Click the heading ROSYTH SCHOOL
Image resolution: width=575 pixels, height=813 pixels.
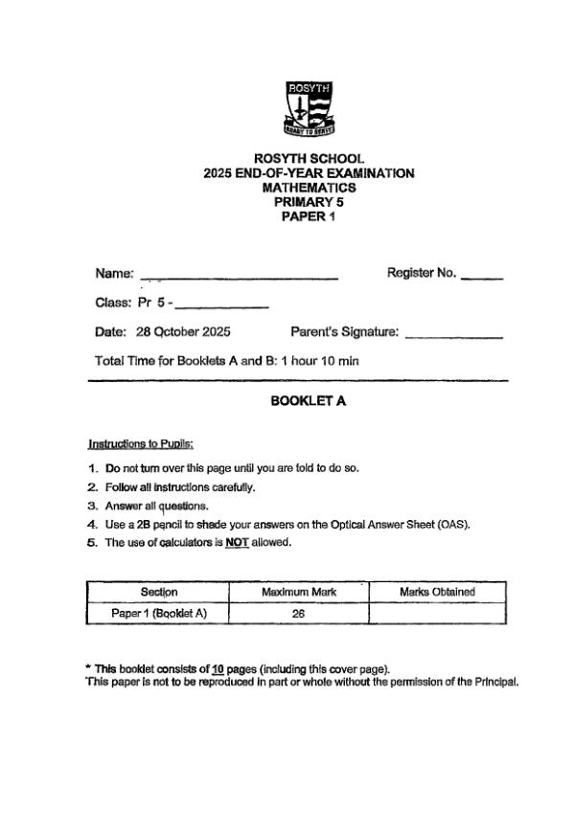click(309, 159)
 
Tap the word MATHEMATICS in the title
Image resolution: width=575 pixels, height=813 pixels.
click(309, 188)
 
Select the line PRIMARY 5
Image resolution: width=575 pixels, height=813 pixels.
click(309, 202)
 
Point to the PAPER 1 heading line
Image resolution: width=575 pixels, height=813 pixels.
click(309, 216)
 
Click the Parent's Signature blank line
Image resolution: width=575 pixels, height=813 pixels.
click(454, 334)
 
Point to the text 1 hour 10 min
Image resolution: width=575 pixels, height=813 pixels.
click(320, 361)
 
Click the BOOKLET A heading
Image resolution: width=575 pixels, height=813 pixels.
click(309, 402)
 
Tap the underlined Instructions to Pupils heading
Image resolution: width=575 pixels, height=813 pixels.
click(141, 444)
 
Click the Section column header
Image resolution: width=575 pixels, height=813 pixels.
click(158, 592)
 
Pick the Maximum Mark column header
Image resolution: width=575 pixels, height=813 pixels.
click(299, 592)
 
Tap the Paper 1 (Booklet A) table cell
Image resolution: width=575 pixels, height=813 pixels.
click(158, 614)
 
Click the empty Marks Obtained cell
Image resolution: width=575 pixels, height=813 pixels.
click(437, 614)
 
